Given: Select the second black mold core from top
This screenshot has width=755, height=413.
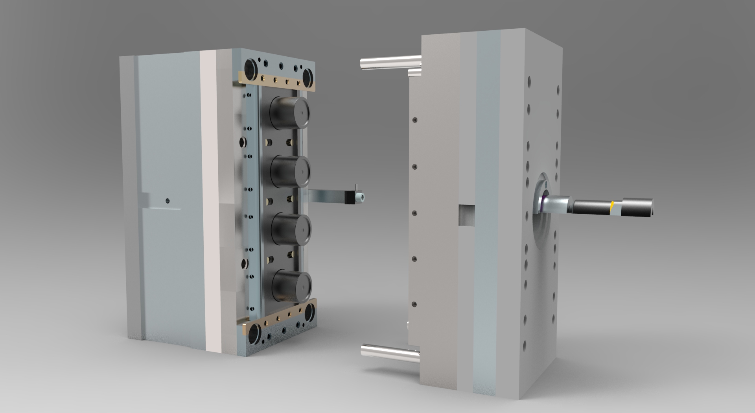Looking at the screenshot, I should (x=290, y=171).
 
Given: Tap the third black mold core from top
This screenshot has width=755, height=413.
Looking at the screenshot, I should (x=291, y=230).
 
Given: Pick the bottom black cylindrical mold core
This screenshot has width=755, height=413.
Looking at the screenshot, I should (x=291, y=285).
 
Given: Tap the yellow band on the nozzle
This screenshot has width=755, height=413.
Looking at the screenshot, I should (x=612, y=208).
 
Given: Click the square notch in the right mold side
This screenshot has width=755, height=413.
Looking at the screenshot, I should (x=467, y=215).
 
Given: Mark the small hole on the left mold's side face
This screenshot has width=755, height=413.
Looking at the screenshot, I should (x=168, y=201).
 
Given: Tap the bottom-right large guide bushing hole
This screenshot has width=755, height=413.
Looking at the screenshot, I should (x=309, y=313).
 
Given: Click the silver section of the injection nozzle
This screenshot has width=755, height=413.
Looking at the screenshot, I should (x=558, y=204).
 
